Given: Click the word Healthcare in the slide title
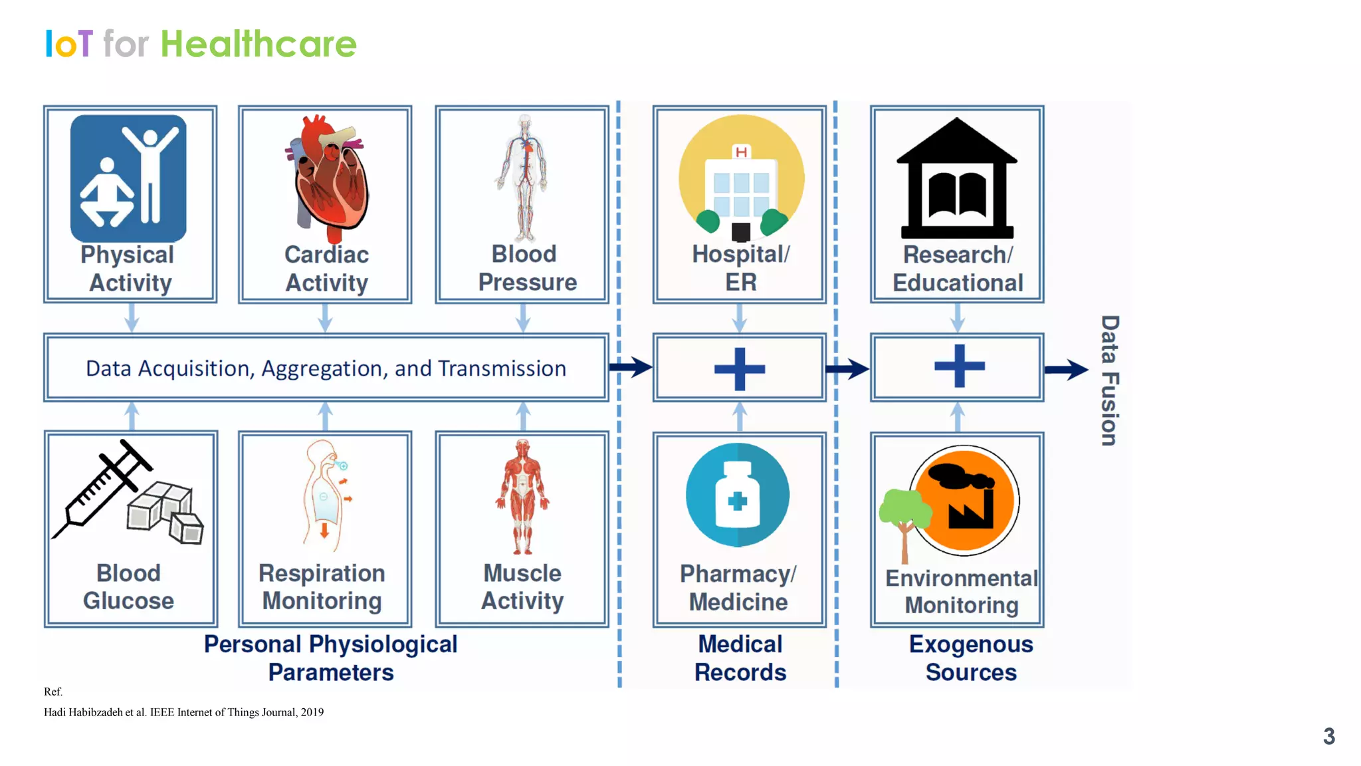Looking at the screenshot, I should (x=259, y=45).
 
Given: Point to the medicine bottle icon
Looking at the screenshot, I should (x=737, y=495).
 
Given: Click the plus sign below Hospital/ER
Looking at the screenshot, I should (x=740, y=368).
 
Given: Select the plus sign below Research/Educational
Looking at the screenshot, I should (x=959, y=366).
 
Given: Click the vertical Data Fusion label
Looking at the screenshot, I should (x=1109, y=380).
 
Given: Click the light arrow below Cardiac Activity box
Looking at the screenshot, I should (x=325, y=318).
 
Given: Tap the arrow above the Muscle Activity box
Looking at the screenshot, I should (x=523, y=416).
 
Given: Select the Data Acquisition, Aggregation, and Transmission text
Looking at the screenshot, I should (x=326, y=368).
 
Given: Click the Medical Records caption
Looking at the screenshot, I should (x=740, y=658).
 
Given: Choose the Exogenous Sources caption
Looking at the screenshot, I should (x=971, y=658).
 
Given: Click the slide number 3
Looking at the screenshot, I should (x=1328, y=736).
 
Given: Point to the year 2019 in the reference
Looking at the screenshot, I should (x=312, y=712).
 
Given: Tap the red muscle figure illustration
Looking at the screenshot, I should (x=522, y=495).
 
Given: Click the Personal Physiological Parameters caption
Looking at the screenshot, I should (x=330, y=658).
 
